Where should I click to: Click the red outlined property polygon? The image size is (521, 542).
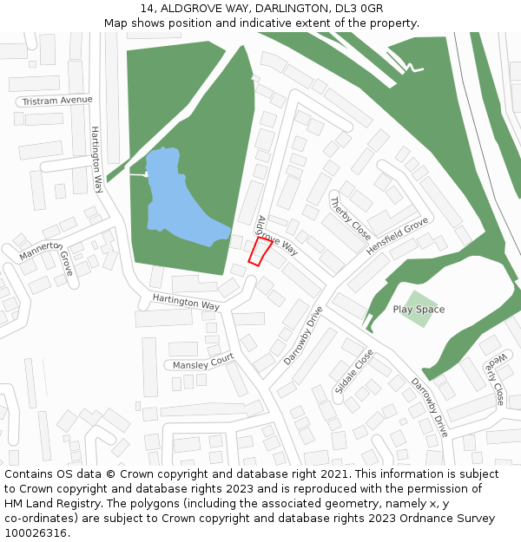[x=260, y=252]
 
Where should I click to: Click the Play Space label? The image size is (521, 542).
[x=419, y=310]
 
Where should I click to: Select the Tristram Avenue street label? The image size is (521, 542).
[x=57, y=100]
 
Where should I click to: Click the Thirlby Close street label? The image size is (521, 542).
[x=350, y=219]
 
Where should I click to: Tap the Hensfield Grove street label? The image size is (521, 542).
[x=397, y=236]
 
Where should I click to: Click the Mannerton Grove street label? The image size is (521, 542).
[x=47, y=257]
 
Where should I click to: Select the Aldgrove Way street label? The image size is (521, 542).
[x=277, y=236]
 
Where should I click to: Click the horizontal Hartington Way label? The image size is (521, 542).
[x=186, y=301]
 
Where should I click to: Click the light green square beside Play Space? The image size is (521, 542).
[x=419, y=309]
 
